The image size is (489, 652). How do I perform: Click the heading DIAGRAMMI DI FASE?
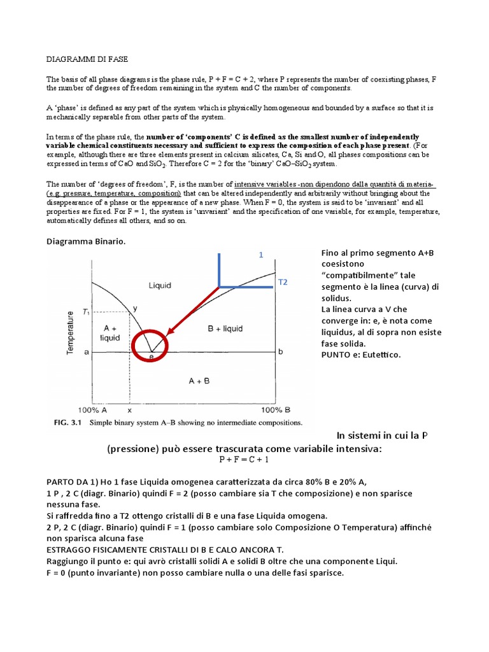pyautogui.click(x=87, y=59)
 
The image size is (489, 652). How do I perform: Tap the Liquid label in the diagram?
pyautogui.click(x=160, y=285)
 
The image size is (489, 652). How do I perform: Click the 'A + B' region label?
pyautogui.click(x=200, y=380)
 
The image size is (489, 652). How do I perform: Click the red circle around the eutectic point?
pyautogui.click(x=150, y=346)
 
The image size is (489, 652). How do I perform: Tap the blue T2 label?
pyautogui.click(x=283, y=281)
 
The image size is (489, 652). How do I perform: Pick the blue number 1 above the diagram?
pyautogui.click(x=260, y=255)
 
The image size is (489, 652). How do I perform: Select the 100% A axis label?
pyautogui.click(x=92, y=411)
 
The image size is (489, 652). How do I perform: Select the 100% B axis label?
pyautogui.click(x=276, y=411)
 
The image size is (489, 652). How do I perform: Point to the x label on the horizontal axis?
pyautogui.click(x=130, y=411)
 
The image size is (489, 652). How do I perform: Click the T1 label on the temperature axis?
pyautogui.click(x=87, y=312)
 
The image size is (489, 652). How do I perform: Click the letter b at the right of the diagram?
pyautogui.click(x=280, y=351)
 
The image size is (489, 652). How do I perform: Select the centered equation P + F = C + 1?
pyautogui.click(x=244, y=459)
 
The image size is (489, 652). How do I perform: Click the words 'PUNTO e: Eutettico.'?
pyautogui.click(x=361, y=355)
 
